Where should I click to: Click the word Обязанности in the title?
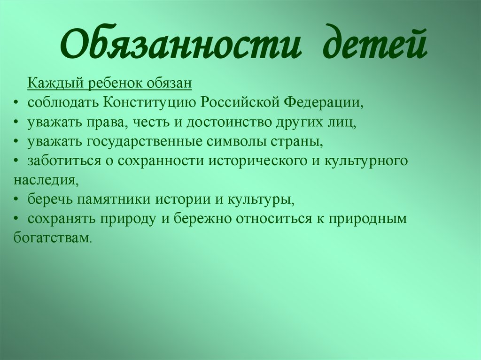(x=179, y=43)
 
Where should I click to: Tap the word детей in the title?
(x=374, y=42)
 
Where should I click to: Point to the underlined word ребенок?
(x=116, y=83)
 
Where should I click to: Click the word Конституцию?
(x=150, y=102)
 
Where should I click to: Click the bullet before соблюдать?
(x=16, y=103)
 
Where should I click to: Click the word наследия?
(x=44, y=180)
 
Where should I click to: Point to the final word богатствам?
(x=52, y=238)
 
